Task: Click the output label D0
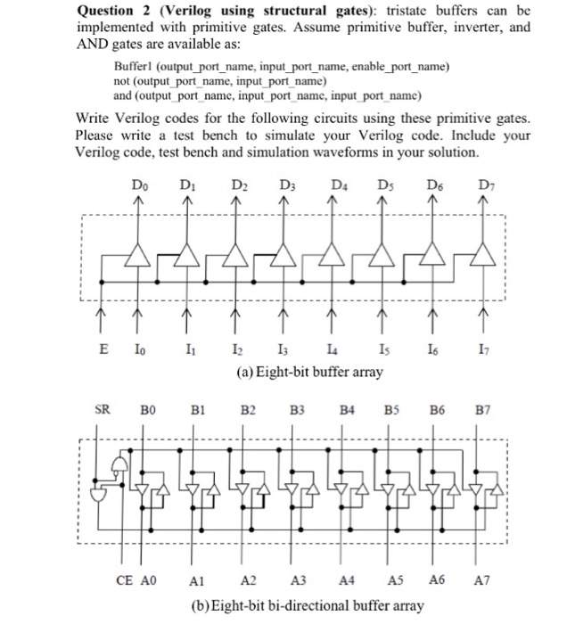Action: coord(136,185)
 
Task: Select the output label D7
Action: coord(486,185)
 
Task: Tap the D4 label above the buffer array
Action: coord(338,185)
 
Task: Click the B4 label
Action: coord(349,411)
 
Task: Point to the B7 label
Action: coord(482,411)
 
